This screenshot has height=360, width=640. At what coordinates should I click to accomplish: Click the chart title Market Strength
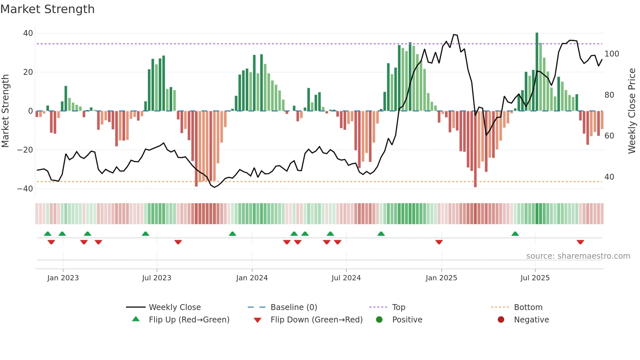click(47, 9)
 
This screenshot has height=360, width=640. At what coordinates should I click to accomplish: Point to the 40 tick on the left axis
click(28, 33)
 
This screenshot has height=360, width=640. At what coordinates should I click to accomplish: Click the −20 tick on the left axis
click(25, 150)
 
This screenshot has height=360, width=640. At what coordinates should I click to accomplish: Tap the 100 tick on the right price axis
click(612, 54)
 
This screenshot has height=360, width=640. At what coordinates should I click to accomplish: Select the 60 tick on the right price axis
click(609, 136)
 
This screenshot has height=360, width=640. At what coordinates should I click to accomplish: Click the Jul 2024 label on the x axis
click(346, 278)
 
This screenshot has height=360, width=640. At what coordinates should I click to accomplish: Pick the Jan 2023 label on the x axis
click(63, 278)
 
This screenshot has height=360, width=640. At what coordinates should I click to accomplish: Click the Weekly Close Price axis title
click(632, 111)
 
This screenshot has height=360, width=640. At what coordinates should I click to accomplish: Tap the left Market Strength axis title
click(6, 111)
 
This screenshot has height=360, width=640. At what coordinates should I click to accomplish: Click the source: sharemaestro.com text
click(578, 256)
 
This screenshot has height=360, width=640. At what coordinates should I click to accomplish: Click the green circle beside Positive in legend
click(379, 320)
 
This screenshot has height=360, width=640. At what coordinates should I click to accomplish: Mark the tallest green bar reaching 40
click(537, 72)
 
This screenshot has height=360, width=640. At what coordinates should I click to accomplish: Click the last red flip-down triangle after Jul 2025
click(580, 242)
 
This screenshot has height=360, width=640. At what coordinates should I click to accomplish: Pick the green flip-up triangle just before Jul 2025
click(515, 234)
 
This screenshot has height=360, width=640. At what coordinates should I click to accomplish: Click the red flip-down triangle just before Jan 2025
click(439, 242)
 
